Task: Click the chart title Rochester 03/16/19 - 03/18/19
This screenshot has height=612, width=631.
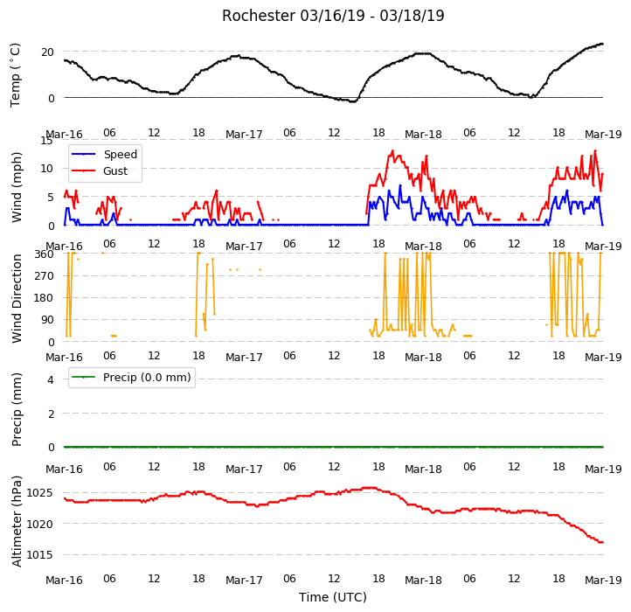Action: coord(333,16)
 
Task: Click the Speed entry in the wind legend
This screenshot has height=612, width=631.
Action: coord(105,154)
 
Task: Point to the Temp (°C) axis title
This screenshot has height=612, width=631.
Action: coord(15,75)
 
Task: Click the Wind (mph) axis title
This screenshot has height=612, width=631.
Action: coord(17,187)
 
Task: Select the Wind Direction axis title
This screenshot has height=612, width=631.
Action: coord(17,298)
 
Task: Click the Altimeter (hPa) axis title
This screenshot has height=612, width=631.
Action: coord(17,521)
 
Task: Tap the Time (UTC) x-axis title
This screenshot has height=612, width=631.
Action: coord(333,596)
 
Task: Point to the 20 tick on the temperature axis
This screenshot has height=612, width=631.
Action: coord(47,52)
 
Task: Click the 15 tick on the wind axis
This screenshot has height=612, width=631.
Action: coord(46,140)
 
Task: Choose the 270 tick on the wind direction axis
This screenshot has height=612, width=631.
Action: coord(44,275)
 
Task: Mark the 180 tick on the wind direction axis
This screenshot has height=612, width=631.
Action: coord(44,298)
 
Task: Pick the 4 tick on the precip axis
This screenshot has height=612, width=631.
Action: coord(51,379)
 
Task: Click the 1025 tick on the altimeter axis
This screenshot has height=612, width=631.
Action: coord(39,493)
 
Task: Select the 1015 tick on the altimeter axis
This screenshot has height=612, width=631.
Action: coord(39,555)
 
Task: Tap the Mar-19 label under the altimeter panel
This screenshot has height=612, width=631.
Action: coord(603,581)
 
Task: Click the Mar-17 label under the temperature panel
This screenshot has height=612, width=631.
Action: coord(244,134)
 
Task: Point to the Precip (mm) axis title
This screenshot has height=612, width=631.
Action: coord(17,409)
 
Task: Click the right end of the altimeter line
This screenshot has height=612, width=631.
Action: coord(602,542)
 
